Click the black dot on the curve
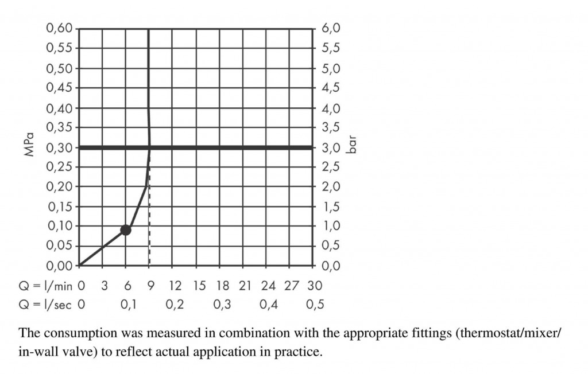pyautogui.click(x=125, y=230)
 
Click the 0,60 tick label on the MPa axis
pyautogui.click(x=59, y=28)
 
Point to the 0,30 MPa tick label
pyautogui.click(x=59, y=147)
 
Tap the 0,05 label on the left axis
pyautogui.click(x=59, y=246)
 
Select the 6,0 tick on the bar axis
pyautogui.click(x=332, y=28)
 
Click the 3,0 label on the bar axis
pyautogui.click(x=332, y=147)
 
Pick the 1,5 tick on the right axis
pyautogui.click(x=332, y=206)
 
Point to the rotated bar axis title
pyautogui.click(x=353, y=144)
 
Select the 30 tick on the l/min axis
pyautogui.click(x=315, y=285)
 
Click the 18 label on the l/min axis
pyautogui.click(x=222, y=285)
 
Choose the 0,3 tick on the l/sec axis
pyautogui.click(x=222, y=305)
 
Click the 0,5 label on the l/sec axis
pyautogui.click(x=315, y=305)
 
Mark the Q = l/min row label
pyautogui.click(x=45, y=285)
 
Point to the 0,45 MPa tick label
pyautogui.click(x=59, y=88)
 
